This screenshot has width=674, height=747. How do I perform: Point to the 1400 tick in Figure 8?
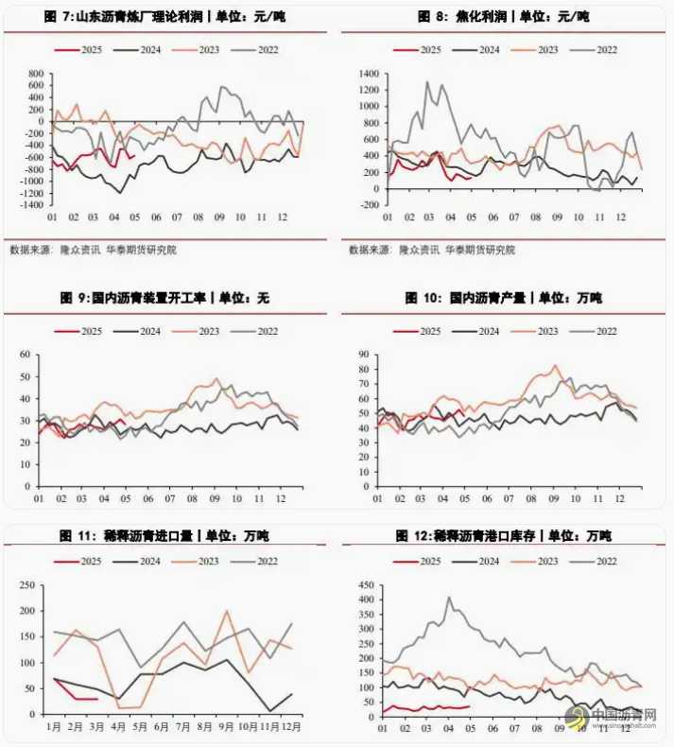tap(368, 73)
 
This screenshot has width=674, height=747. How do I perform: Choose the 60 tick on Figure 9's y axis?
tap(26, 355)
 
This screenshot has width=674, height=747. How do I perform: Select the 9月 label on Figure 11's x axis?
tap(227, 726)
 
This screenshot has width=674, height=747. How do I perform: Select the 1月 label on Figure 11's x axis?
tap(55, 726)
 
